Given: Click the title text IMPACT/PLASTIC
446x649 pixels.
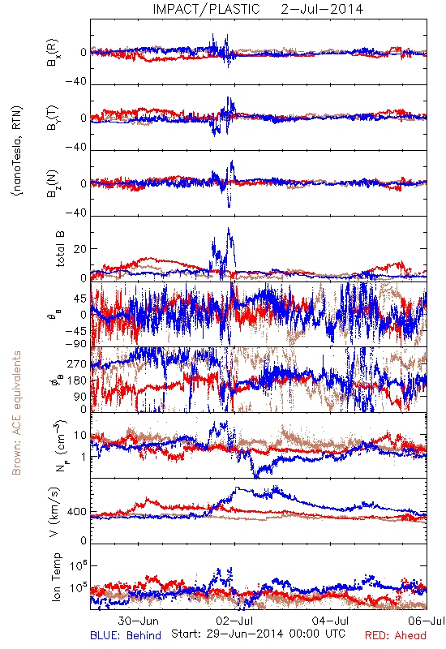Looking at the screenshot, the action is point(206,9).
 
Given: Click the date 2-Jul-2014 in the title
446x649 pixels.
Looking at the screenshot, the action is point(322,9).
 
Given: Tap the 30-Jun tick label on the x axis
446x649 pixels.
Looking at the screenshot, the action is point(138,621).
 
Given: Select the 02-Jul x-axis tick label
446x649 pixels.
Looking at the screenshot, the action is point(234,621).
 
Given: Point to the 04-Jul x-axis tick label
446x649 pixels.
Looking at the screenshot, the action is point(331,621).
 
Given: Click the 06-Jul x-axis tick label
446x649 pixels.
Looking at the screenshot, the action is point(427,621).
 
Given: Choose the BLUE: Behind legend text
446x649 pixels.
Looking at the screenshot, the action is point(126,635).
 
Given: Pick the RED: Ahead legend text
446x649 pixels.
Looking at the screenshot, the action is point(395,635).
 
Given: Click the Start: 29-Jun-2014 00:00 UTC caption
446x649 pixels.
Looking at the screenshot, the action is point(258,634).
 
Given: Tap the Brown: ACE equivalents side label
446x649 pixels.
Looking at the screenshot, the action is point(16,413).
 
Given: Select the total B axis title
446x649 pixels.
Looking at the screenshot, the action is point(59,249).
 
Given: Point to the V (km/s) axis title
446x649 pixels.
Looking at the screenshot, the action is point(54,512).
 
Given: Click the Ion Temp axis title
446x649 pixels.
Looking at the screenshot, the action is point(56,577).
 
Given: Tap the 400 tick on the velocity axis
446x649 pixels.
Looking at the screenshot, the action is point(77,512).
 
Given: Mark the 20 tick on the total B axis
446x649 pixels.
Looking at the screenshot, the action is point(80,249).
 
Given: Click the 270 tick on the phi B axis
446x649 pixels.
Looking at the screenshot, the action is point(77,363).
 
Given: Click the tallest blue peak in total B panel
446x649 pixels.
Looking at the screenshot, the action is point(228,228).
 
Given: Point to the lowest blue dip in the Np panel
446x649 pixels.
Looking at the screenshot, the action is point(256,476).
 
